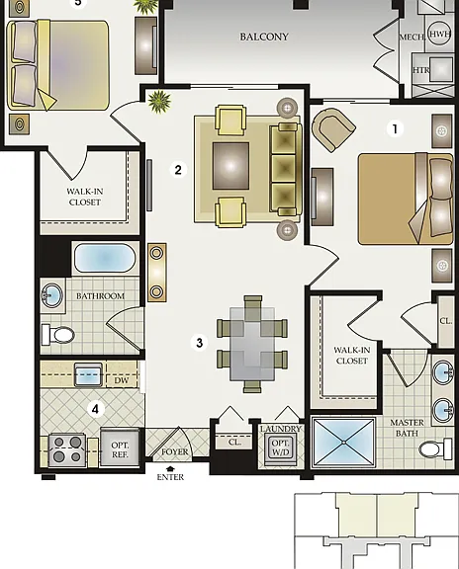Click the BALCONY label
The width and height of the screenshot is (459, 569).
[x=264, y=37]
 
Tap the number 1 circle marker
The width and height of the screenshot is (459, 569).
[x=395, y=128]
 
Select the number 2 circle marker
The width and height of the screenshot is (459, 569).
[x=178, y=170]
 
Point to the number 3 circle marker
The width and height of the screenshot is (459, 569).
[x=199, y=343]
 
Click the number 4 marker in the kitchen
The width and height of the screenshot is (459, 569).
[x=95, y=409]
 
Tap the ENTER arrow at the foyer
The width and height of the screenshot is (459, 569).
[x=170, y=469]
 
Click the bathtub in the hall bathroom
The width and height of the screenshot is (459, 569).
[x=105, y=258]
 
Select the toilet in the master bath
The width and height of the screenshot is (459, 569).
[x=435, y=449]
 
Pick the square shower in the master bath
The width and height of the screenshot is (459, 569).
[x=344, y=443]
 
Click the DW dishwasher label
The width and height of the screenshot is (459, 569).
[x=122, y=380]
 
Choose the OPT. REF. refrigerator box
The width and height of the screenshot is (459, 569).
[x=120, y=448]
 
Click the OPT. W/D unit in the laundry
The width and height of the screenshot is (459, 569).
[x=280, y=448]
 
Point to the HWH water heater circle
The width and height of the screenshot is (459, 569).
[x=439, y=34]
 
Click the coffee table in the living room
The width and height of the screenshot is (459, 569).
[x=230, y=166]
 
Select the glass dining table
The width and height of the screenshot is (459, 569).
[x=252, y=344]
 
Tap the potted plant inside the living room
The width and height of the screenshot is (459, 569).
[x=159, y=101]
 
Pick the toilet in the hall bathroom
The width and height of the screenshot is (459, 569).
[x=58, y=335]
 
